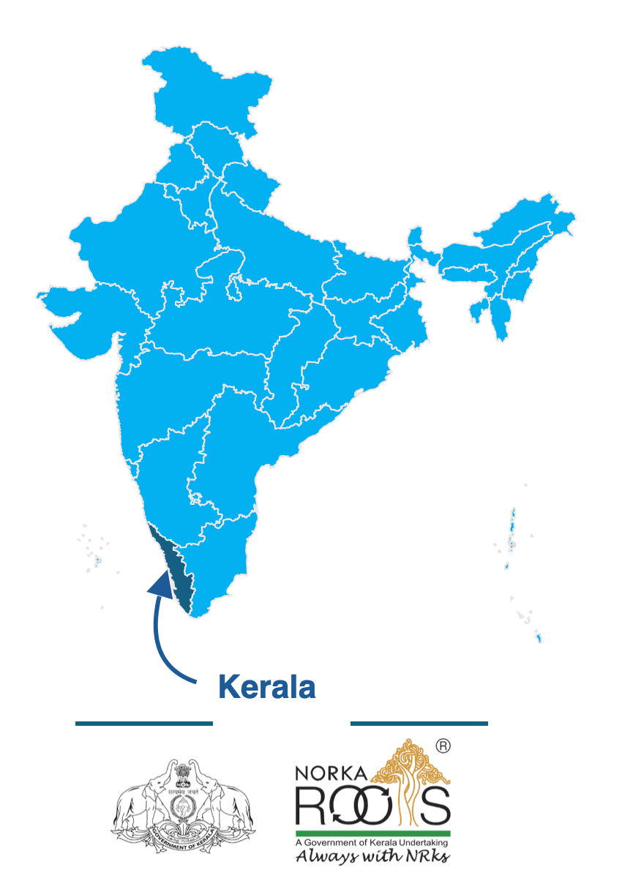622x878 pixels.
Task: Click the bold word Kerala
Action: click(x=267, y=687)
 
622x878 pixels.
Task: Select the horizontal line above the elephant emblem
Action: click(x=143, y=724)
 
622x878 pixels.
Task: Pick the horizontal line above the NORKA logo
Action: click(x=419, y=724)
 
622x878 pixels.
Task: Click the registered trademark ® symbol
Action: click(x=443, y=746)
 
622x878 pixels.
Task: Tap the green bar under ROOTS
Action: click(x=372, y=833)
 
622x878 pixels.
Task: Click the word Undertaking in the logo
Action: click(x=425, y=843)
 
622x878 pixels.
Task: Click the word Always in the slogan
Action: click(x=322, y=857)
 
